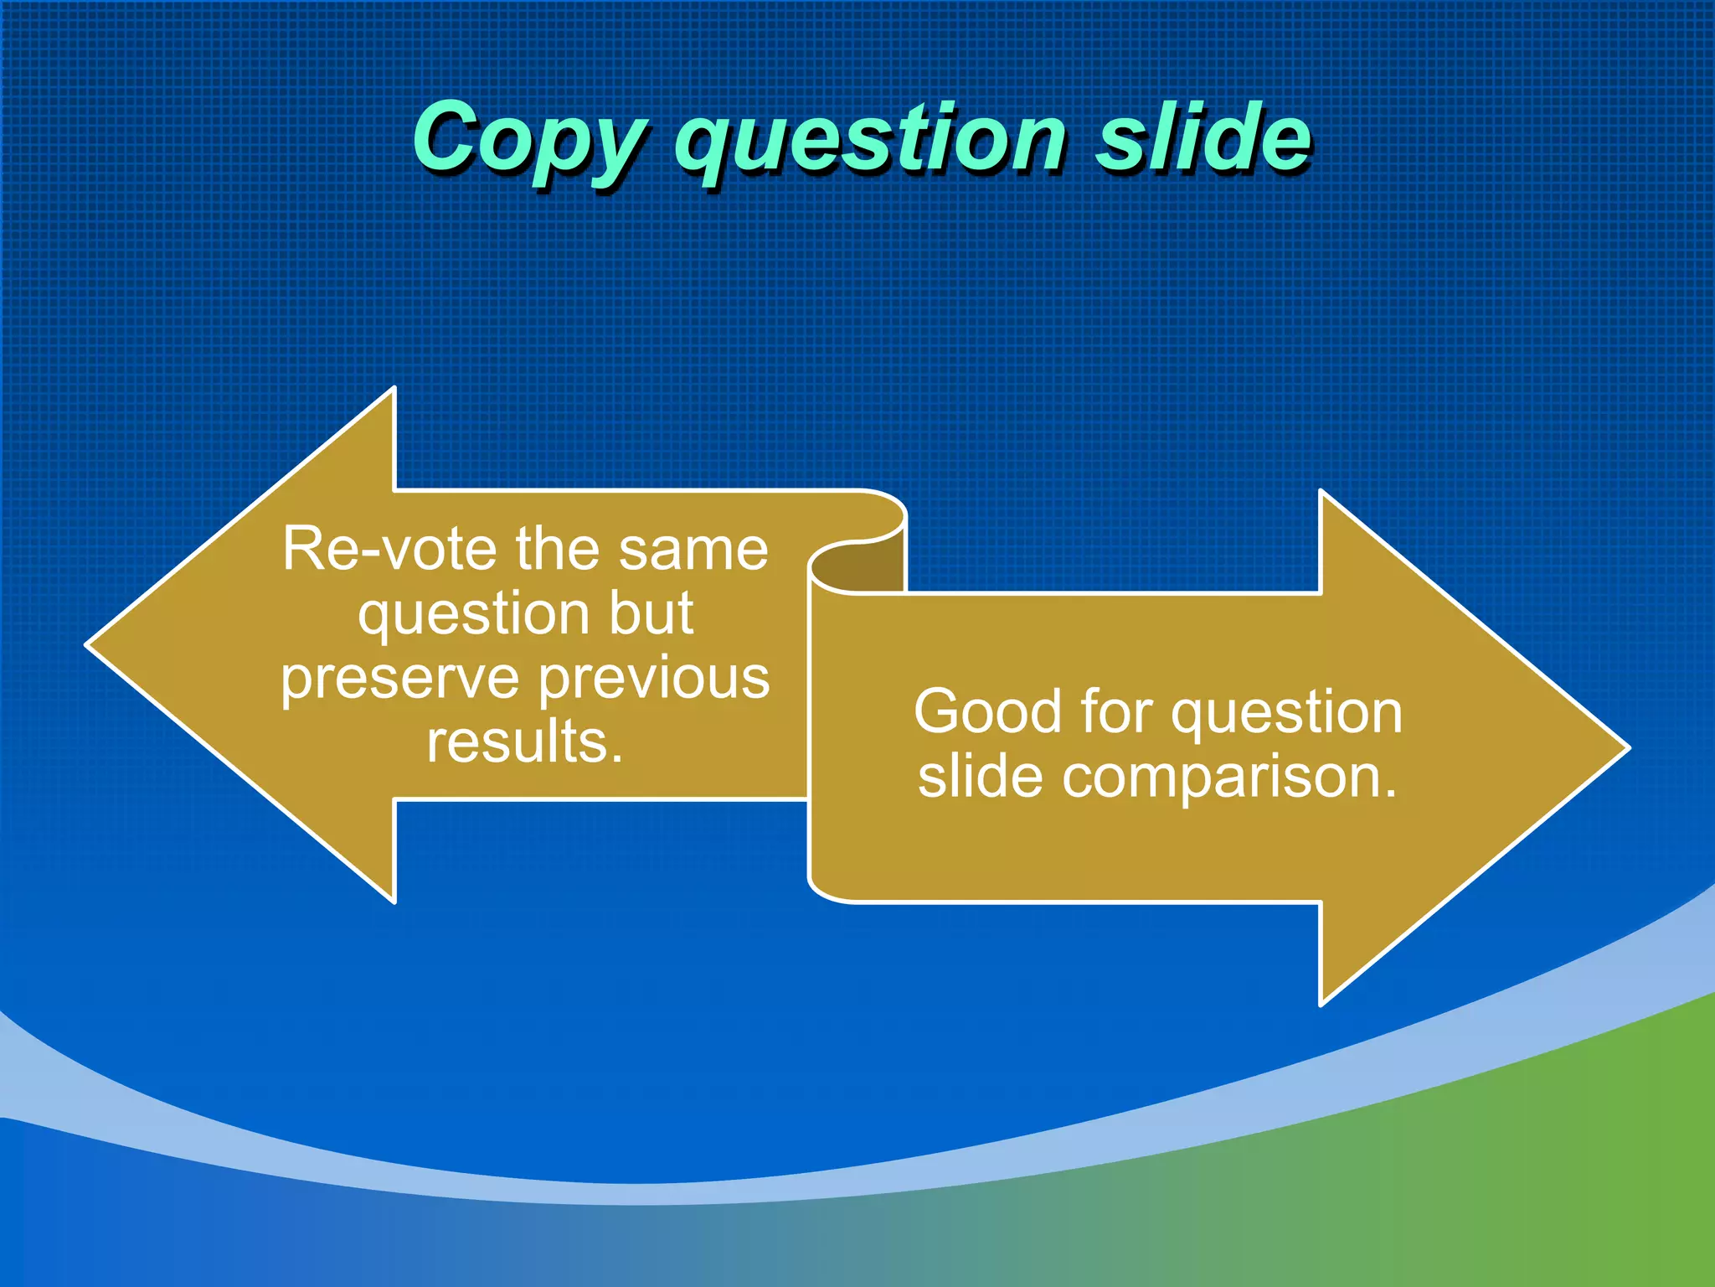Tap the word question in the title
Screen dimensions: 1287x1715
(x=871, y=139)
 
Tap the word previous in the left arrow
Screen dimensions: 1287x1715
(x=654, y=679)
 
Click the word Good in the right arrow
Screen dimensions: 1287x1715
(x=988, y=712)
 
